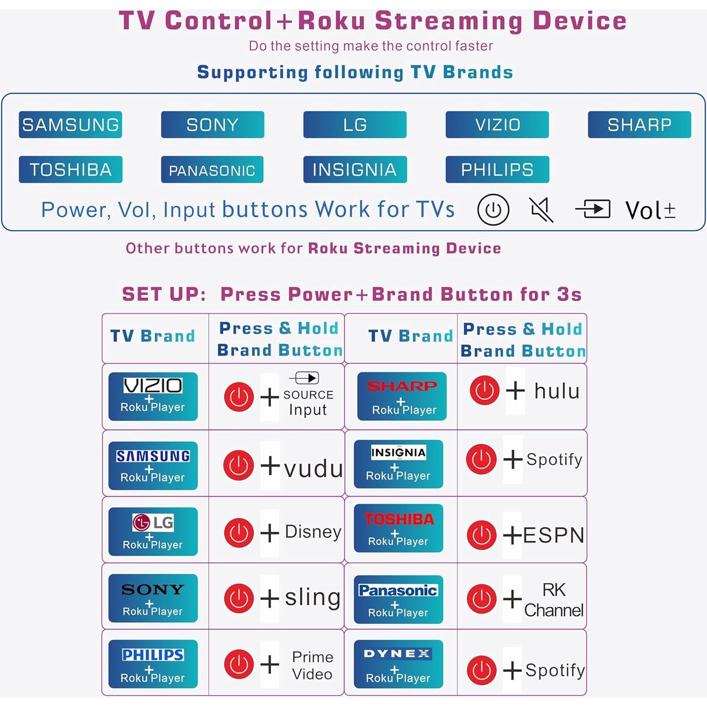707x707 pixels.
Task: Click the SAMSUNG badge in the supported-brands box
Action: click(71, 125)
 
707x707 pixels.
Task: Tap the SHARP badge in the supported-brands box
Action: click(639, 125)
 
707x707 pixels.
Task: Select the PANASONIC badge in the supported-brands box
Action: click(212, 170)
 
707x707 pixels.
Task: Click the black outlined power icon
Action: click(493, 210)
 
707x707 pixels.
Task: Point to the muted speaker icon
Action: click(541, 210)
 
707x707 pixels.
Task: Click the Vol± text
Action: click(650, 211)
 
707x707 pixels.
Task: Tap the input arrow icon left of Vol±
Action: click(593, 209)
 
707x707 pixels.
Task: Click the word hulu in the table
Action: click(557, 391)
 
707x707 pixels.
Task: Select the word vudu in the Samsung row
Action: click(313, 469)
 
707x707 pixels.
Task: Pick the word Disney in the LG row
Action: click(313, 532)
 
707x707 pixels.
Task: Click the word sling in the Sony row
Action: click(312, 597)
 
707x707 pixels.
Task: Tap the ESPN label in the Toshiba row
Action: click(554, 535)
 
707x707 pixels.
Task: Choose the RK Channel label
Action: click(554, 600)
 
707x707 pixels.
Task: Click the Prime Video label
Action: click(312, 665)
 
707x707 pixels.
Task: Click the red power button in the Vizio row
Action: click(239, 397)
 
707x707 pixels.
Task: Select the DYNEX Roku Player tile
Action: click(398, 664)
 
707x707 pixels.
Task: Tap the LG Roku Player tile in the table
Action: click(153, 531)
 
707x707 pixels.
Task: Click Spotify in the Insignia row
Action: click(554, 459)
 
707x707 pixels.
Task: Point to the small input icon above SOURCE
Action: click(305, 378)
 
